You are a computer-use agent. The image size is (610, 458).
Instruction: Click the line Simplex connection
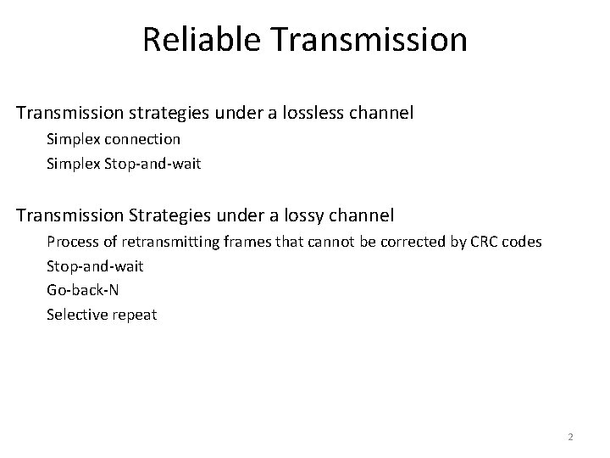pyautogui.click(x=114, y=138)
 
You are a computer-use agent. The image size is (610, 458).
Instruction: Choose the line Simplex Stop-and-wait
pyautogui.click(x=124, y=163)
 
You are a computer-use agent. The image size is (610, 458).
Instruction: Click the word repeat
pyautogui.click(x=134, y=315)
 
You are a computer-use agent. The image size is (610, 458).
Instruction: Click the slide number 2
pyautogui.click(x=570, y=437)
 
